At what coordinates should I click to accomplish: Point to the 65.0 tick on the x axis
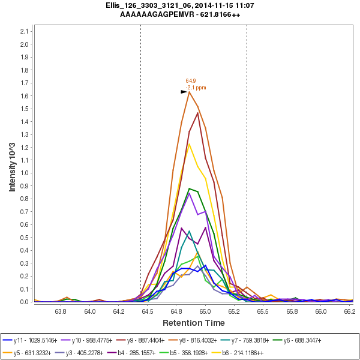click(205, 311)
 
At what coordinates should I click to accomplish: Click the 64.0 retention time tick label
click(90, 311)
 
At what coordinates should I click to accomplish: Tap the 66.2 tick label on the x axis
click(349, 311)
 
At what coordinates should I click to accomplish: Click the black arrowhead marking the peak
click(184, 92)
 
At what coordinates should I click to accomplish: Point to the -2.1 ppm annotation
click(196, 88)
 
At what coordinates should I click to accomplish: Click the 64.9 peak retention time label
click(191, 80)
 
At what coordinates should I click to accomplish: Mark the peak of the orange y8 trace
click(189, 92)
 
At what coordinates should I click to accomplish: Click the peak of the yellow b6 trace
click(189, 143)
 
